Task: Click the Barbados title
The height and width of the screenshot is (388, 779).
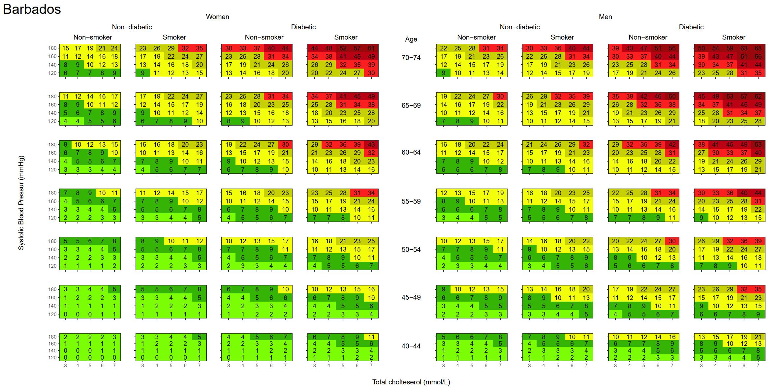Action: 32,9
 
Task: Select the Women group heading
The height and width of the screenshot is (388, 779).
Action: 217,17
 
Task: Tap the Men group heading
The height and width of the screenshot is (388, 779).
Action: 605,17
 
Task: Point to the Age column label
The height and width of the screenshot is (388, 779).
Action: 411,39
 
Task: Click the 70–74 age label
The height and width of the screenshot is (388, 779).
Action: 411,58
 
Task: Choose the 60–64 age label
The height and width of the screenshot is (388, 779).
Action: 411,152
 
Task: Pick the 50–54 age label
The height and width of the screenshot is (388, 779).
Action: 411,250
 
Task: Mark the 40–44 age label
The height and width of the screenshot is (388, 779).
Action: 411,346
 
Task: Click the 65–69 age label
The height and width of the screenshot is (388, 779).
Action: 411,105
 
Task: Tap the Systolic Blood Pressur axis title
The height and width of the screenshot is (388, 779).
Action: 21,202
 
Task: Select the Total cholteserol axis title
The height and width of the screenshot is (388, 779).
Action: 411,382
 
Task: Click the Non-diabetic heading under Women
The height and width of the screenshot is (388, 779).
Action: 132,27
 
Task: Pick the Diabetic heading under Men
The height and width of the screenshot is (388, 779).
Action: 691,27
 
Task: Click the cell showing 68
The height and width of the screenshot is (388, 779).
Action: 758,48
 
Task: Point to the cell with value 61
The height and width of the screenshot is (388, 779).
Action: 371,48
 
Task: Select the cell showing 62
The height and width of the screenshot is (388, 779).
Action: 758,96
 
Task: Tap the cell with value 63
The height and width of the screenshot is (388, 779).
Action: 744,48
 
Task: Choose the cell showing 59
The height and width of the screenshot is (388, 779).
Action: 730,48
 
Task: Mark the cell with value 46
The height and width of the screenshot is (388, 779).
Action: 658,96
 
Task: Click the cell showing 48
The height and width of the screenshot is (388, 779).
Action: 329,48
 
